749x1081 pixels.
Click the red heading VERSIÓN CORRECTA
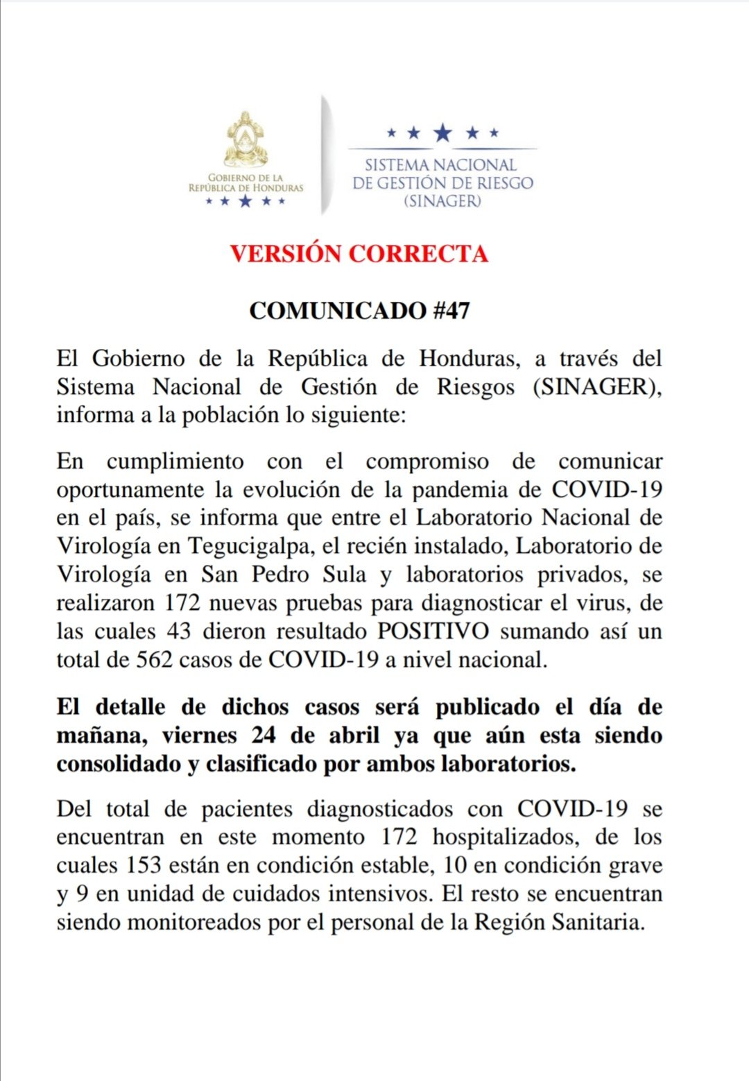point(359,253)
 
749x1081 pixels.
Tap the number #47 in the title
point(451,310)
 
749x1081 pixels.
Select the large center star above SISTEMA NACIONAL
point(442,133)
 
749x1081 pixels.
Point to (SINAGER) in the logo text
point(442,201)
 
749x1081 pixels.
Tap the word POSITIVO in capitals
point(433,631)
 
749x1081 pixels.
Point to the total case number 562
point(154,659)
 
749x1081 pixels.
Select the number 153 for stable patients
point(144,866)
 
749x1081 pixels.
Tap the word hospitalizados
point(506,837)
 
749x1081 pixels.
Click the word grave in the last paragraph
point(635,866)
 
